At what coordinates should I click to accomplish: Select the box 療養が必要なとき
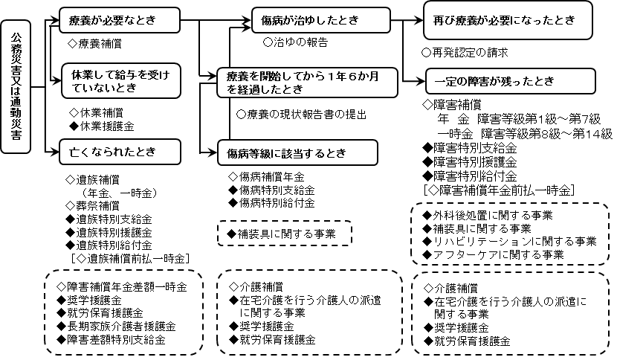[122, 18]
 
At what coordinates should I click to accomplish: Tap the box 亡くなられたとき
[122, 152]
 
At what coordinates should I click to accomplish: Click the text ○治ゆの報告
[295, 43]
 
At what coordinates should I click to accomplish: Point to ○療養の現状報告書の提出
[300, 115]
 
